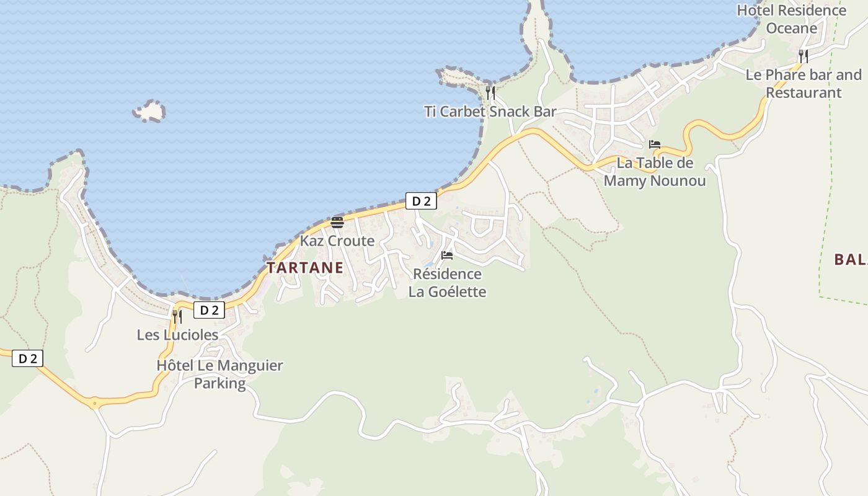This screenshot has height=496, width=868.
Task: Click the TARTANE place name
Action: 304,268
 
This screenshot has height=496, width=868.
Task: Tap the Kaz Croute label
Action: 337,241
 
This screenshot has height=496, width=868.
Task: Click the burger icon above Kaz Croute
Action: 337,222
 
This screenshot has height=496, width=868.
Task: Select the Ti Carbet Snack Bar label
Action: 490,112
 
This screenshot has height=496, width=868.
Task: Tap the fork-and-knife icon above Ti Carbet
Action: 490,93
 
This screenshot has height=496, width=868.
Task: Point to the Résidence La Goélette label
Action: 447,283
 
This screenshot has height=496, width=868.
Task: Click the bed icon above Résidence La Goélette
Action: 447,255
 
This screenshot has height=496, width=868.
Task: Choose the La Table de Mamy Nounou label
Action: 655,172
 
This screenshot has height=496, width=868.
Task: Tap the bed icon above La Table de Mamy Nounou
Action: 655,144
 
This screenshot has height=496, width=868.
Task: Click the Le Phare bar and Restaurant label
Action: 804,84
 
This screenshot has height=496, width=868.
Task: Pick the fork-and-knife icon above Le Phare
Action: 804,56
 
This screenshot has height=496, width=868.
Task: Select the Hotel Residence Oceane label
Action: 792,19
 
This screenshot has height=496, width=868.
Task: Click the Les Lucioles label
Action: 177,335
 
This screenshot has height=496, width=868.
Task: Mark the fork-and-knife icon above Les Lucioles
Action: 177,317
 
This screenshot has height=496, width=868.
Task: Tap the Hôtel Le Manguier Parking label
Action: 219,374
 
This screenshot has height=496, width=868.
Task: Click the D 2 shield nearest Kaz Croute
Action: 421,201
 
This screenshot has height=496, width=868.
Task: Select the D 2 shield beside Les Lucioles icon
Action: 209,310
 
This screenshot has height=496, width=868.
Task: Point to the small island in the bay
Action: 149,112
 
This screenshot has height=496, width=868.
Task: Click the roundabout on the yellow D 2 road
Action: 94,404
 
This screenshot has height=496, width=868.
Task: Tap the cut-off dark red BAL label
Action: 850,260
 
